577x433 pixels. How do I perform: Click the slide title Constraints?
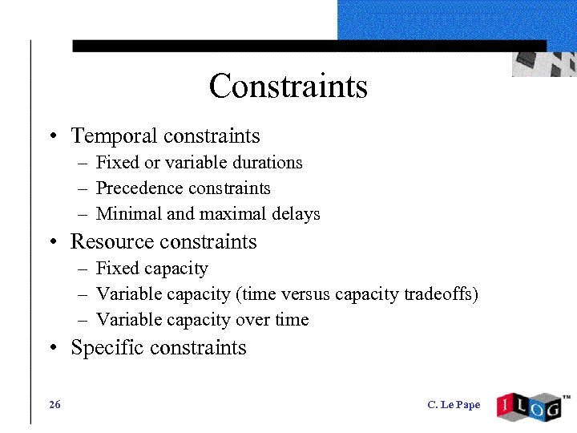point(288,86)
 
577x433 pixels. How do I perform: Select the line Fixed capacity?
point(151,269)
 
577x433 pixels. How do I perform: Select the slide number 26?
point(54,405)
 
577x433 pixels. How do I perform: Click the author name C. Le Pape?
point(454,405)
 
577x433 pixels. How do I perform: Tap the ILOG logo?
point(528,407)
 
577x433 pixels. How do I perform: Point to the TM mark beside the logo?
point(567,396)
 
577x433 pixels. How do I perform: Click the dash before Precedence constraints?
point(83,189)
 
